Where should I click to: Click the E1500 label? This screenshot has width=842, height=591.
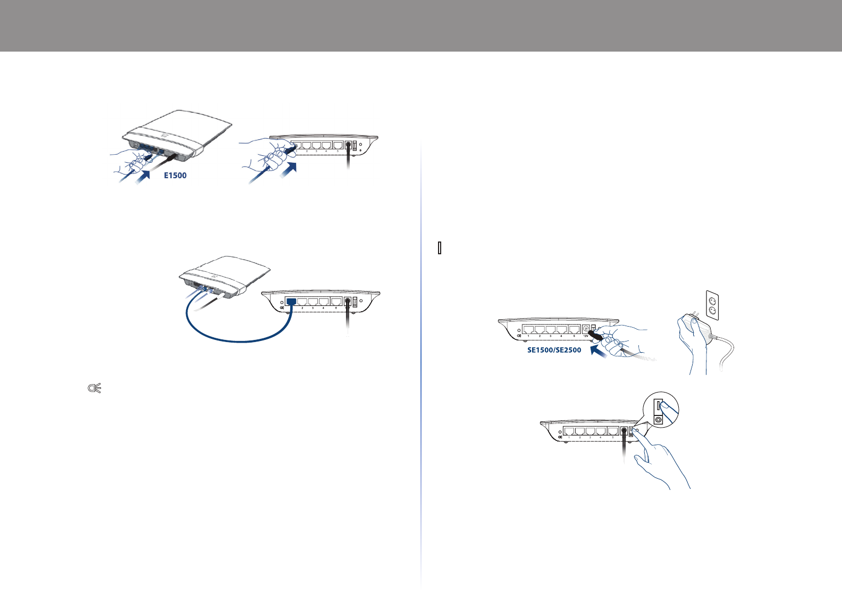[175, 176]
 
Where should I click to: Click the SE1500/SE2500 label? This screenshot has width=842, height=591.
[554, 350]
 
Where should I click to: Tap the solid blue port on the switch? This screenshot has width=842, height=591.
[291, 301]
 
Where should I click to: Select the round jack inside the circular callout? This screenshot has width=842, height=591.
[659, 419]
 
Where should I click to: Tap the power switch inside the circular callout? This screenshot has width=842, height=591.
[659, 406]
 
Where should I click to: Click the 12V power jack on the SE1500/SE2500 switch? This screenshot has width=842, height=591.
[586, 329]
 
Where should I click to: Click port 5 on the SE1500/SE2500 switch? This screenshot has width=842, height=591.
[573, 329]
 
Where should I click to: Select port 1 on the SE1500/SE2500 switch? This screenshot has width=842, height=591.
[528, 329]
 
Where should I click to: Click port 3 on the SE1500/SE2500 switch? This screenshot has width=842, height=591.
[551, 329]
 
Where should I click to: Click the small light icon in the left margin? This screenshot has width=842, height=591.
[95, 389]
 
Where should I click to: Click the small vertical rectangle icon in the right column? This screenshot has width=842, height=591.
[440, 248]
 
